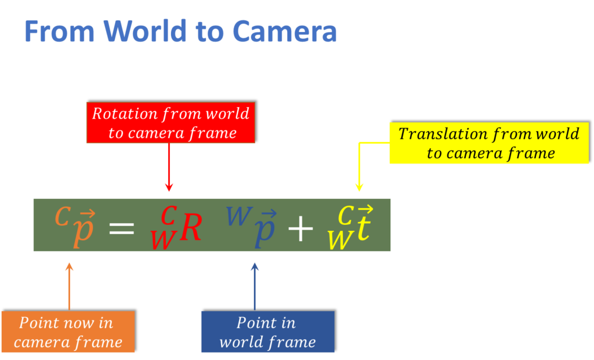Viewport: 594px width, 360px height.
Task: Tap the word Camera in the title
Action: [x=285, y=32]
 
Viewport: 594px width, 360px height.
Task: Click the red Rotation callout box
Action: [x=171, y=123]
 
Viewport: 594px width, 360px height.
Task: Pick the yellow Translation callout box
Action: [x=488, y=143]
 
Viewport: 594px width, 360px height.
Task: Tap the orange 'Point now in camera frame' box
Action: [x=68, y=332]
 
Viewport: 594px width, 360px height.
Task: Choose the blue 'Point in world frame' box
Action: [x=267, y=332]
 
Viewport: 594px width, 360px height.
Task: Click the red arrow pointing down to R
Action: [x=169, y=168]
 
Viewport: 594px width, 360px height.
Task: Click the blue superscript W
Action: [x=238, y=216]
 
